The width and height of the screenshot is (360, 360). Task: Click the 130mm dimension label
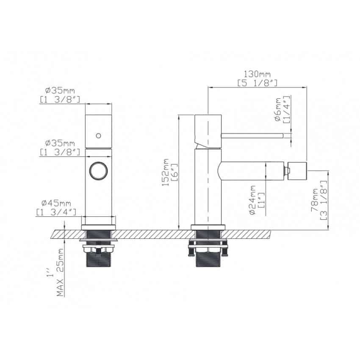(x=257, y=74)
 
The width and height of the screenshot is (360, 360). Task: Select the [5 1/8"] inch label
(x=258, y=83)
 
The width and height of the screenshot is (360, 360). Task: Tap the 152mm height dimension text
(x=165, y=172)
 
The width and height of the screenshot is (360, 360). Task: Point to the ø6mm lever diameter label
(x=277, y=109)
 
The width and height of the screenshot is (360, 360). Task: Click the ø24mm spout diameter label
(x=252, y=200)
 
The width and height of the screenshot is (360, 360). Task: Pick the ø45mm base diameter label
(x=56, y=203)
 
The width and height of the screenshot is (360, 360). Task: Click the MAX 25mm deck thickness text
(x=60, y=272)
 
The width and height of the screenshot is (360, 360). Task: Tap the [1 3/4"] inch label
(x=56, y=212)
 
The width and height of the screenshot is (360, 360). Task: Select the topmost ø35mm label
(x=60, y=90)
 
